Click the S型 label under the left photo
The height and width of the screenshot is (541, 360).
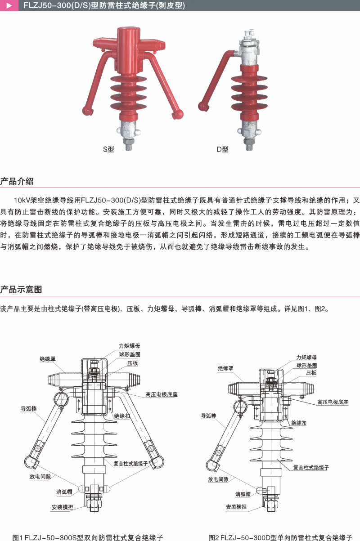[x=108, y=149]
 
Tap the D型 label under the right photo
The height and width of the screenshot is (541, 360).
[x=222, y=149]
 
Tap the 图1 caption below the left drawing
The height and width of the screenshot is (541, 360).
[x=88, y=537]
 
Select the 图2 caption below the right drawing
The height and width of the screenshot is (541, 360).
[x=280, y=537]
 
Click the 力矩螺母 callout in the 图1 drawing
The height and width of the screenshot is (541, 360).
[x=129, y=346]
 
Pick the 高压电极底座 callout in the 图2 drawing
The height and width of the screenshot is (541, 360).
[x=333, y=402]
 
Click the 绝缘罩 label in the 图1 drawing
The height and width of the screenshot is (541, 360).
[x=47, y=359]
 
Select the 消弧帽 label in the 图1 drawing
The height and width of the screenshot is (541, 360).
[x=65, y=492]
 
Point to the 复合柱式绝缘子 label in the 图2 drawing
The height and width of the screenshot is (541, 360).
[x=311, y=468]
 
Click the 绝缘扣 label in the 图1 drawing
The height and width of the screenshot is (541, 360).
[x=121, y=416]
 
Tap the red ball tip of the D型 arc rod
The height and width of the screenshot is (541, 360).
[x=204, y=106]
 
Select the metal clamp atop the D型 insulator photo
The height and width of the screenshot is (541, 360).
[x=249, y=47]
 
